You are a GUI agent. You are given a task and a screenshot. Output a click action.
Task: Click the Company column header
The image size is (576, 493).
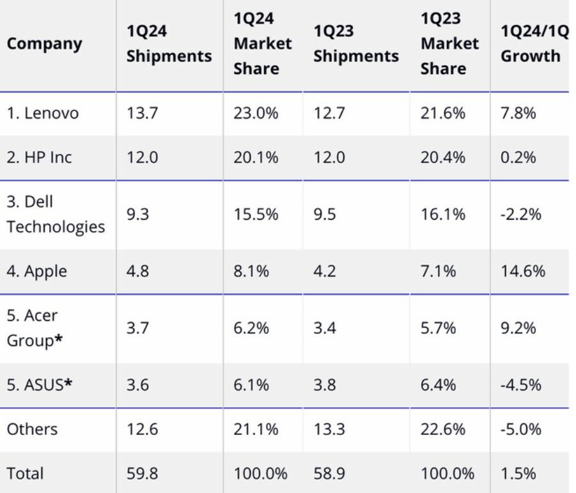[x=45, y=43]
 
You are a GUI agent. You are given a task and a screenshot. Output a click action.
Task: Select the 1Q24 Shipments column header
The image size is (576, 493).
[x=169, y=43]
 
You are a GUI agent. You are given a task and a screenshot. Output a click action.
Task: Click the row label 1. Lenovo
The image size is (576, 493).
[x=43, y=113]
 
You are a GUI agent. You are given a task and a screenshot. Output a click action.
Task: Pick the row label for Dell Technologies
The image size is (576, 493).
[x=56, y=214]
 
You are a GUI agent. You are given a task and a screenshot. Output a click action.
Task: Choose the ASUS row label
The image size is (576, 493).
[x=39, y=384]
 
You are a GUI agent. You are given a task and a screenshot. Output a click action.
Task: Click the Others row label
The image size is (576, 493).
[x=32, y=429]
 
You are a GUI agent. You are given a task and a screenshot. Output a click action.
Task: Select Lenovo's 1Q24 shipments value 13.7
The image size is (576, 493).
[x=141, y=113]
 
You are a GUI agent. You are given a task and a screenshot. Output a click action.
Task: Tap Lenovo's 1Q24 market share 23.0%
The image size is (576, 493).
[x=256, y=113]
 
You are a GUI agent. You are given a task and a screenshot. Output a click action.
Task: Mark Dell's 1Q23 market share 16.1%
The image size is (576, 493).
[x=442, y=214]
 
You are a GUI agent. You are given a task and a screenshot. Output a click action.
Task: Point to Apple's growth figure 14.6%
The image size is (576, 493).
[x=522, y=271]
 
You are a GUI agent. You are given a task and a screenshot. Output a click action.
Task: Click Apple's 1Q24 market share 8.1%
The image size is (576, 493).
[x=251, y=271]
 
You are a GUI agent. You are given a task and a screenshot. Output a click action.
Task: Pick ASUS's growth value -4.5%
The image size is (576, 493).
[x=520, y=384]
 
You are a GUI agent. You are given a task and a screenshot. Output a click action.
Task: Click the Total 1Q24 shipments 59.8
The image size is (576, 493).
[x=142, y=473]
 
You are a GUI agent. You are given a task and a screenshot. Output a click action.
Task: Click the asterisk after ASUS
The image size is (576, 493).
[x=67, y=383]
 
